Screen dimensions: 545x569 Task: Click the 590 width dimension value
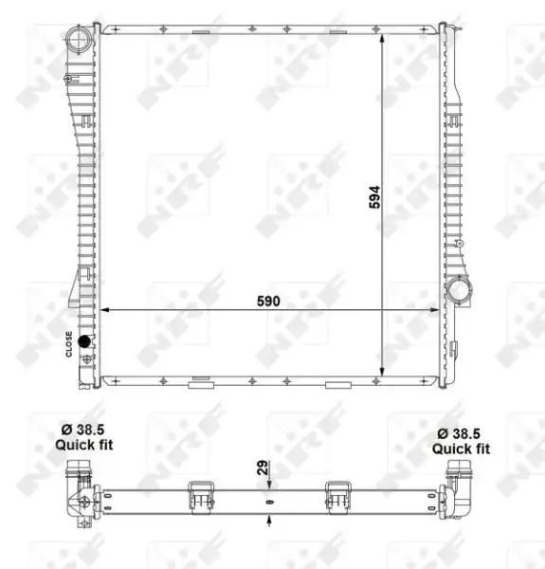tap(268, 302)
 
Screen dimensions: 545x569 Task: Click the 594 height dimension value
tap(374, 197)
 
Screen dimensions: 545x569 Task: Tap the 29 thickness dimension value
tap(263, 468)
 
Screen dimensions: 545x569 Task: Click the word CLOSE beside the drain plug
tap(69, 343)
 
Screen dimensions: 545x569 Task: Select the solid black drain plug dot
tap(84, 340)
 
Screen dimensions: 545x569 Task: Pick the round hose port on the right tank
tap(459, 290)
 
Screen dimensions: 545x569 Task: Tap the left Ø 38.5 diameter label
tap(82, 430)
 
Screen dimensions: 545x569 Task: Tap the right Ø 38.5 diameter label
tap(459, 433)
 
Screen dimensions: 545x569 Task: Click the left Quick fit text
tap(84, 445)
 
